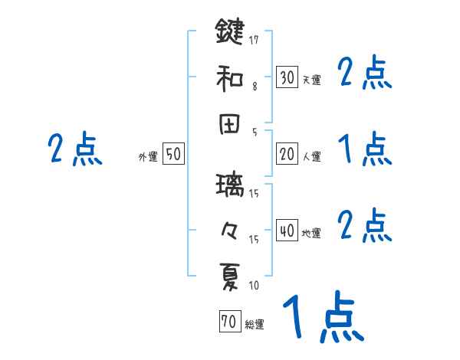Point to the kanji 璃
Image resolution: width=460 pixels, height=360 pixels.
[230, 186]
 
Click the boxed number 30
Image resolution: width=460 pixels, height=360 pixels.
[287, 77]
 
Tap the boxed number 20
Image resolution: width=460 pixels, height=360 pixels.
[287, 154]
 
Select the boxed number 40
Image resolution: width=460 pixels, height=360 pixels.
[287, 231]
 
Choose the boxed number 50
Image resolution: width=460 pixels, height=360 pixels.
[173, 154]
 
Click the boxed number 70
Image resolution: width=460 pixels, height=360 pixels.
[229, 322]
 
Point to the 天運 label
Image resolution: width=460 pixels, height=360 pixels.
[311, 80]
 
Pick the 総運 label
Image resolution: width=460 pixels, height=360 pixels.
[255, 325]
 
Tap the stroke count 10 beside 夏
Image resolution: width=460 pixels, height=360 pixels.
[254, 286]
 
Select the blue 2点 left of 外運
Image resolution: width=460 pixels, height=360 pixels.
[74, 149]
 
